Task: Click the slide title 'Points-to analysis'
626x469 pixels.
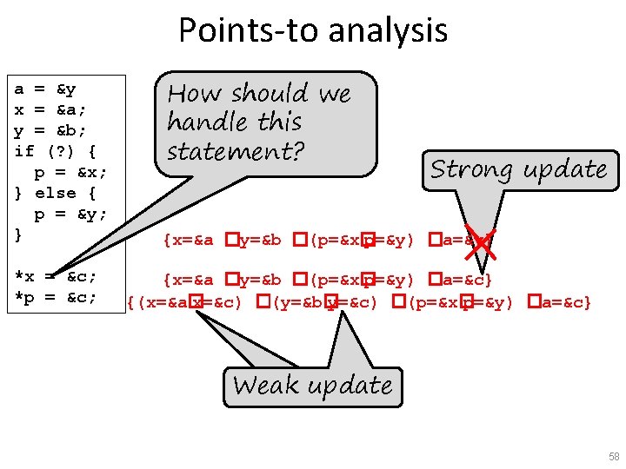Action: tap(313, 30)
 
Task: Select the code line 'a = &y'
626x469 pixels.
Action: tap(45, 89)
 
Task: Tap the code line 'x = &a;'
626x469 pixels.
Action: tap(50, 110)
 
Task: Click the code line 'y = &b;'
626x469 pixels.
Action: tap(50, 131)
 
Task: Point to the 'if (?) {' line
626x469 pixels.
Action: tap(56, 152)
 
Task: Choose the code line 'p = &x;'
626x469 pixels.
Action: tap(70, 173)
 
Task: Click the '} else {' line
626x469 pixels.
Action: tap(56, 194)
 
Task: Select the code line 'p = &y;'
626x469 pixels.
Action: tap(70, 215)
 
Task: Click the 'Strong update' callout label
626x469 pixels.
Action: tap(519, 168)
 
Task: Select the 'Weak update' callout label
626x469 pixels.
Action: tap(312, 385)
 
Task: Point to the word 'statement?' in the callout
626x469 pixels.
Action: tap(236, 151)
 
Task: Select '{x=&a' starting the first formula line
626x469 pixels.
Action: tap(188, 239)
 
